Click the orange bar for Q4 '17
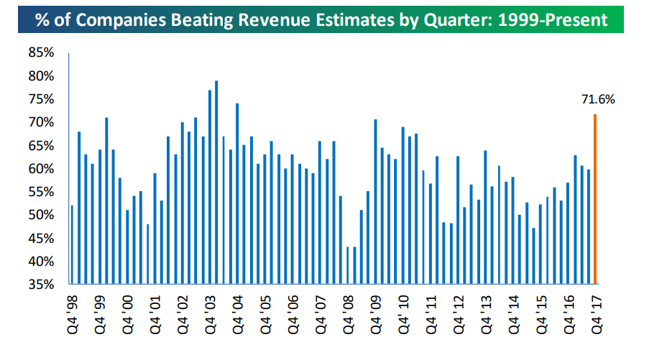pos(595,199)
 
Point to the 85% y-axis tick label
pos(40,53)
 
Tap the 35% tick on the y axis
pos(40,285)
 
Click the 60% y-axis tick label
pos(40,169)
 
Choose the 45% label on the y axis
pos(40,239)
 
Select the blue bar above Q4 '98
pos(72,245)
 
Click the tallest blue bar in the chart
pos(216,183)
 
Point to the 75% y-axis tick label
pos(40,99)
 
